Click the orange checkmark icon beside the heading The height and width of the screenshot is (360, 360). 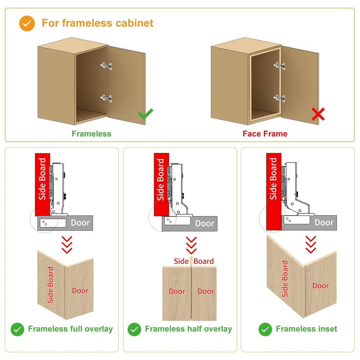(x=27, y=23)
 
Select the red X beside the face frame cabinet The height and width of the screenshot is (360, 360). (x=318, y=115)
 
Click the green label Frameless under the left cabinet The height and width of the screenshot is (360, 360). (x=91, y=134)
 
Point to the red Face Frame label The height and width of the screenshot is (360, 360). (x=265, y=134)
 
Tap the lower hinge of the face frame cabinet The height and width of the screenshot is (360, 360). (x=279, y=98)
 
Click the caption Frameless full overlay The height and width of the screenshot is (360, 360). (x=70, y=329)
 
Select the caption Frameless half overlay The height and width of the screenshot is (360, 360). (x=188, y=329)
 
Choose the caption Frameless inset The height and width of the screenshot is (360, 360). (x=306, y=329)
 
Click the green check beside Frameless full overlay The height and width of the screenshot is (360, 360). (x=17, y=329)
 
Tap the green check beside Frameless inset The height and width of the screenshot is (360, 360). (x=265, y=329)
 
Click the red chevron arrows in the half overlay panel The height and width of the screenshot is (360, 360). (x=191, y=245)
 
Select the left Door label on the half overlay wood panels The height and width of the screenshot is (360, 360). (x=177, y=291)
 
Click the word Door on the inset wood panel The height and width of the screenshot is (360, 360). (x=320, y=286)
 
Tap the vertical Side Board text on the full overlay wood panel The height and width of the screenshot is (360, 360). (x=50, y=285)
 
